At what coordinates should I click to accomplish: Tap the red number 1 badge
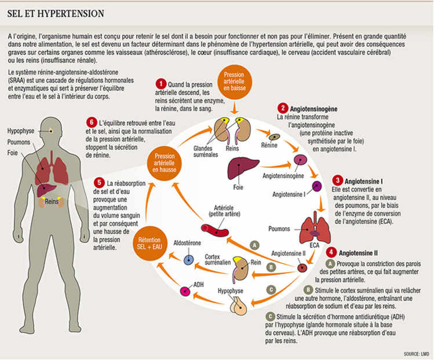click(x=161, y=85)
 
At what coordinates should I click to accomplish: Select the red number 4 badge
click(x=330, y=252)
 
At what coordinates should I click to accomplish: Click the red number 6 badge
click(x=91, y=123)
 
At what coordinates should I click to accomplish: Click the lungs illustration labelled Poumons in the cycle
click(x=314, y=229)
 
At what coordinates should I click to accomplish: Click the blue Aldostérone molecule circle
click(x=188, y=259)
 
